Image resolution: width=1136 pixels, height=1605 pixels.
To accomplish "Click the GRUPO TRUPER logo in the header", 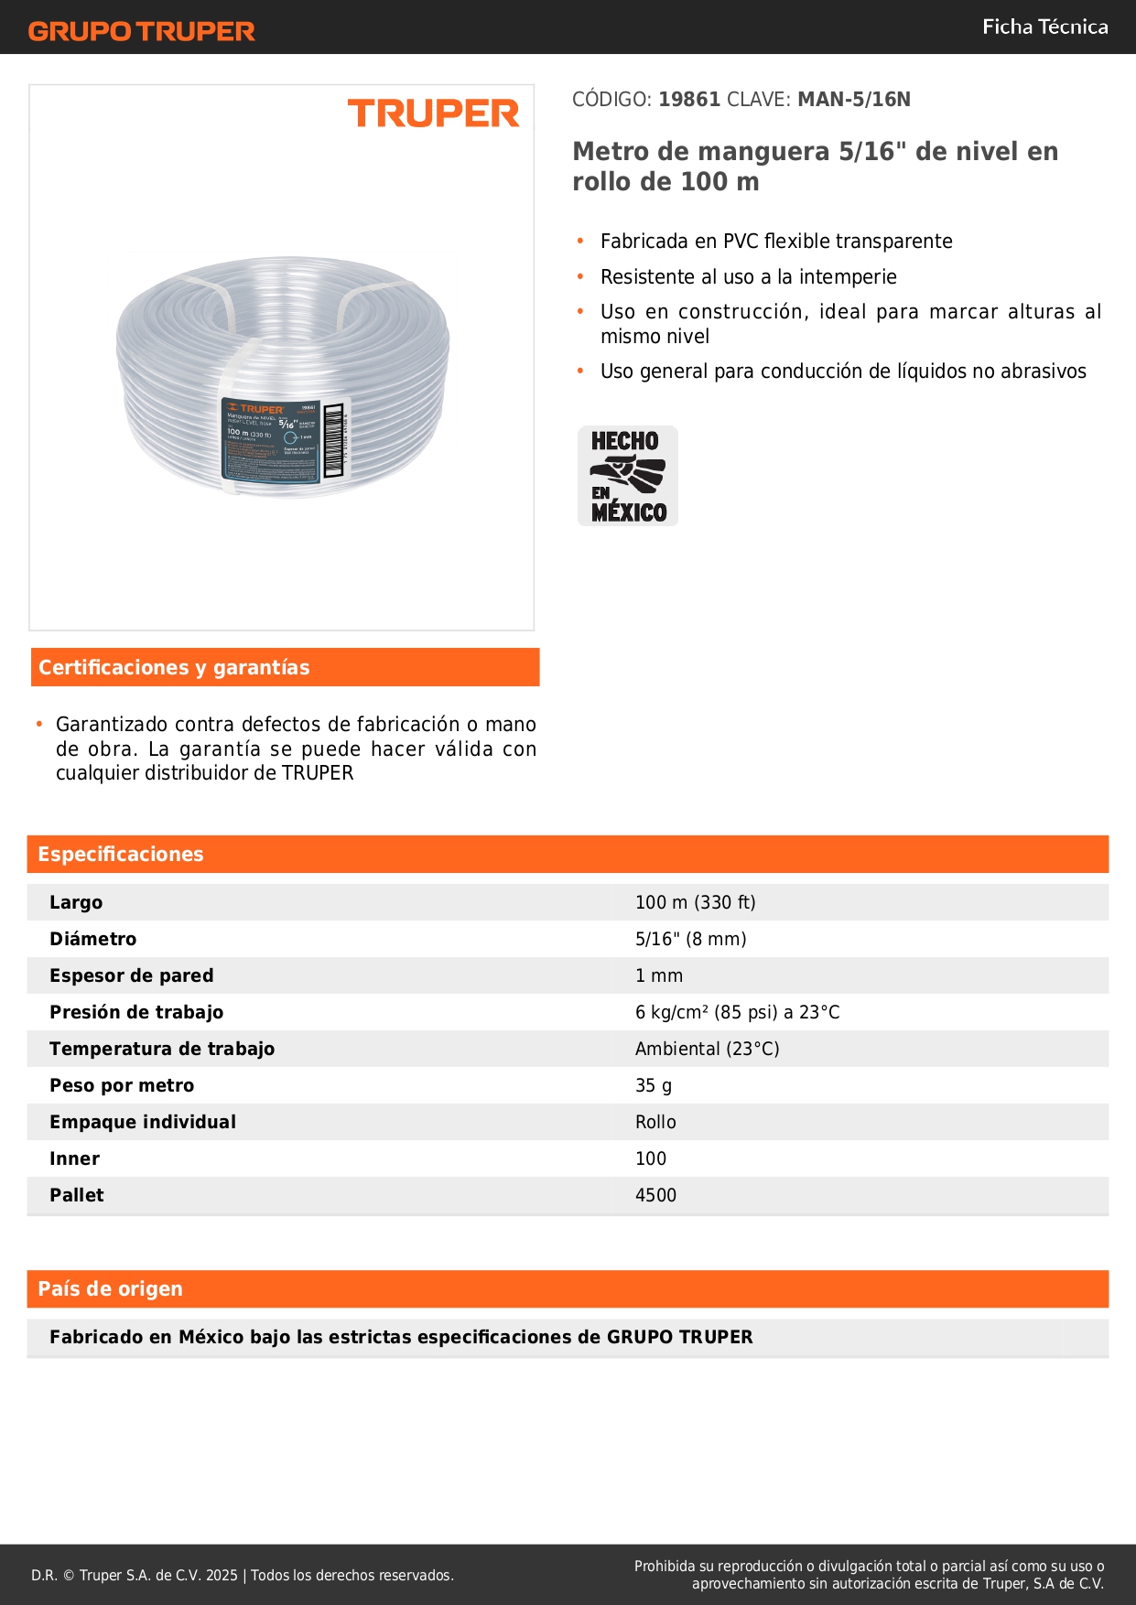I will tap(142, 31).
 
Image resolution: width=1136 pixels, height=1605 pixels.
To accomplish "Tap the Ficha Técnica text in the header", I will tap(1044, 27).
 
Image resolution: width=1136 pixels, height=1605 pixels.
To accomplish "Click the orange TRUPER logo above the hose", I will tap(433, 114).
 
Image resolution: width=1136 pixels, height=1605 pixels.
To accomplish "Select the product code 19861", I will tap(689, 100).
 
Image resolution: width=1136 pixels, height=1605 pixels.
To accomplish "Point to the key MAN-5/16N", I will tap(853, 100).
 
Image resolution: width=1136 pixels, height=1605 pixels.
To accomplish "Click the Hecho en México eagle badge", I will tap(628, 476).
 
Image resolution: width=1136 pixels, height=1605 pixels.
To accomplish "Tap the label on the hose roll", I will tap(272, 438).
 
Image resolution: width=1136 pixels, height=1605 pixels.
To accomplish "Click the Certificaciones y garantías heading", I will tap(174, 668).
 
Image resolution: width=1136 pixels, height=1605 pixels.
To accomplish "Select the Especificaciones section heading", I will tap(121, 855).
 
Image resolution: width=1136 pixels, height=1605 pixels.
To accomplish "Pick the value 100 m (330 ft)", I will tap(695, 903).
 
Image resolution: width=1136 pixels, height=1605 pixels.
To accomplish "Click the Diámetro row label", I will tap(93, 940).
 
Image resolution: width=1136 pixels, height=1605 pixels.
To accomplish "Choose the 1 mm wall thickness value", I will tap(659, 976).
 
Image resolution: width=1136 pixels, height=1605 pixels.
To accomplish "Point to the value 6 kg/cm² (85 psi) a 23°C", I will tap(737, 1013).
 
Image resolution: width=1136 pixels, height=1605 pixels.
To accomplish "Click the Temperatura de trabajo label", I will tap(162, 1050).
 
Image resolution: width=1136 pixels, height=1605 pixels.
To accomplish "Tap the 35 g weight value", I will tap(654, 1086).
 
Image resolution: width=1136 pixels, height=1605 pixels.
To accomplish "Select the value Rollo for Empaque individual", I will tap(655, 1123).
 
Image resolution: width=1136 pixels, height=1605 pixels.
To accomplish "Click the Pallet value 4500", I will tap(655, 1196).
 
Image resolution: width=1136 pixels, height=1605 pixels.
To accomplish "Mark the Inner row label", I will tap(75, 1159).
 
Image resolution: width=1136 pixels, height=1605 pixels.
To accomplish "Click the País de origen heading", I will tap(111, 1289).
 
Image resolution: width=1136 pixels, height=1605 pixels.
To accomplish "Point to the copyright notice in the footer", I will tap(243, 1576).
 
